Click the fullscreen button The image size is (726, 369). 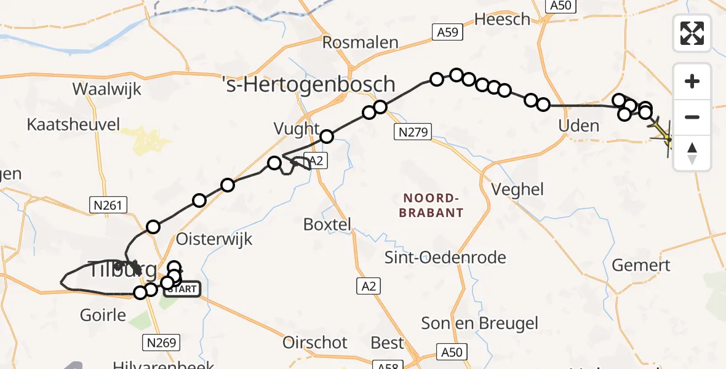pos(692,33)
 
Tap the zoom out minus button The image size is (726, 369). pos(692,117)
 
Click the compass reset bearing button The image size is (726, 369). pos(692,153)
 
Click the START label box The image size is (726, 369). pos(182,288)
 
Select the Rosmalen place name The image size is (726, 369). pos(361,43)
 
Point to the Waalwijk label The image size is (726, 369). pos(106,89)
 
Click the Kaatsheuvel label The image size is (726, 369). pos(73,125)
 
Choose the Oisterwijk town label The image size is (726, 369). pos(214,239)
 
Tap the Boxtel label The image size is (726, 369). pos(327,224)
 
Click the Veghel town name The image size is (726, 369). pos(517,189)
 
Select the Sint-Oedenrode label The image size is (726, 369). pos(445,257)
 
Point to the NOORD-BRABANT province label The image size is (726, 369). pos(431,205)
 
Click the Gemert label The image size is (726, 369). pos(641,266)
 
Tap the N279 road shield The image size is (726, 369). pos(412,131)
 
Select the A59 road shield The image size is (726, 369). pos(447,32)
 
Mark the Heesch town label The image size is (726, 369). pos(502,19)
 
